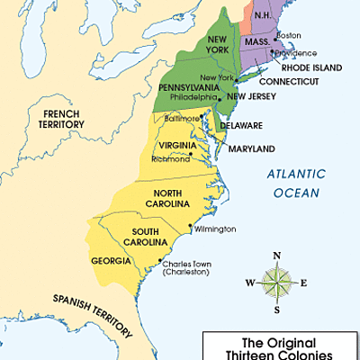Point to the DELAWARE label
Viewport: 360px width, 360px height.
click(x=241, y=126)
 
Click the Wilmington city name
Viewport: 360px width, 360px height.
click(x=215, y=229)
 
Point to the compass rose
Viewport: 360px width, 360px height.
click(x=276, y=283)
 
